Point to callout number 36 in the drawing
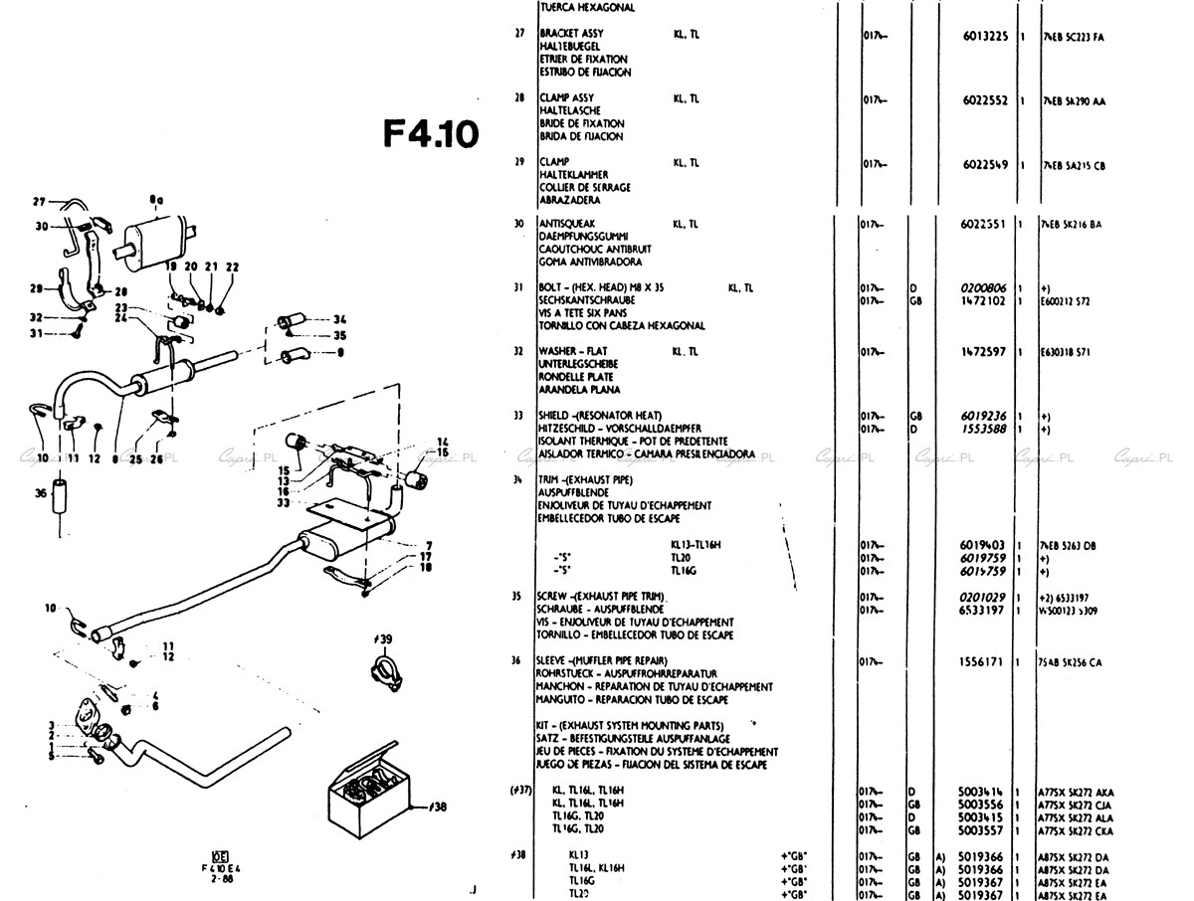tap(40, 491)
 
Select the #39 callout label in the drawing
tap(383, 637)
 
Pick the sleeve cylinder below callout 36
tap(62, 493)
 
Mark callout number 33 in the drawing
tap(283, 503)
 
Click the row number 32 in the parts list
tap(518, 351)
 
